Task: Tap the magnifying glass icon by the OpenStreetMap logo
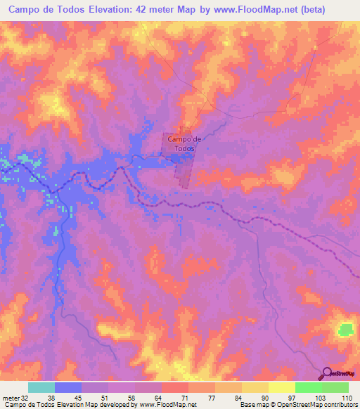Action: point(328,374)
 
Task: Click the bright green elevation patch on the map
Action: point(346,329)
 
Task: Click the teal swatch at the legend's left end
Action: point(41,387)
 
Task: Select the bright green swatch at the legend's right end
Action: point(335,387)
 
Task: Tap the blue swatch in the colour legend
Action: point(68,387)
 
